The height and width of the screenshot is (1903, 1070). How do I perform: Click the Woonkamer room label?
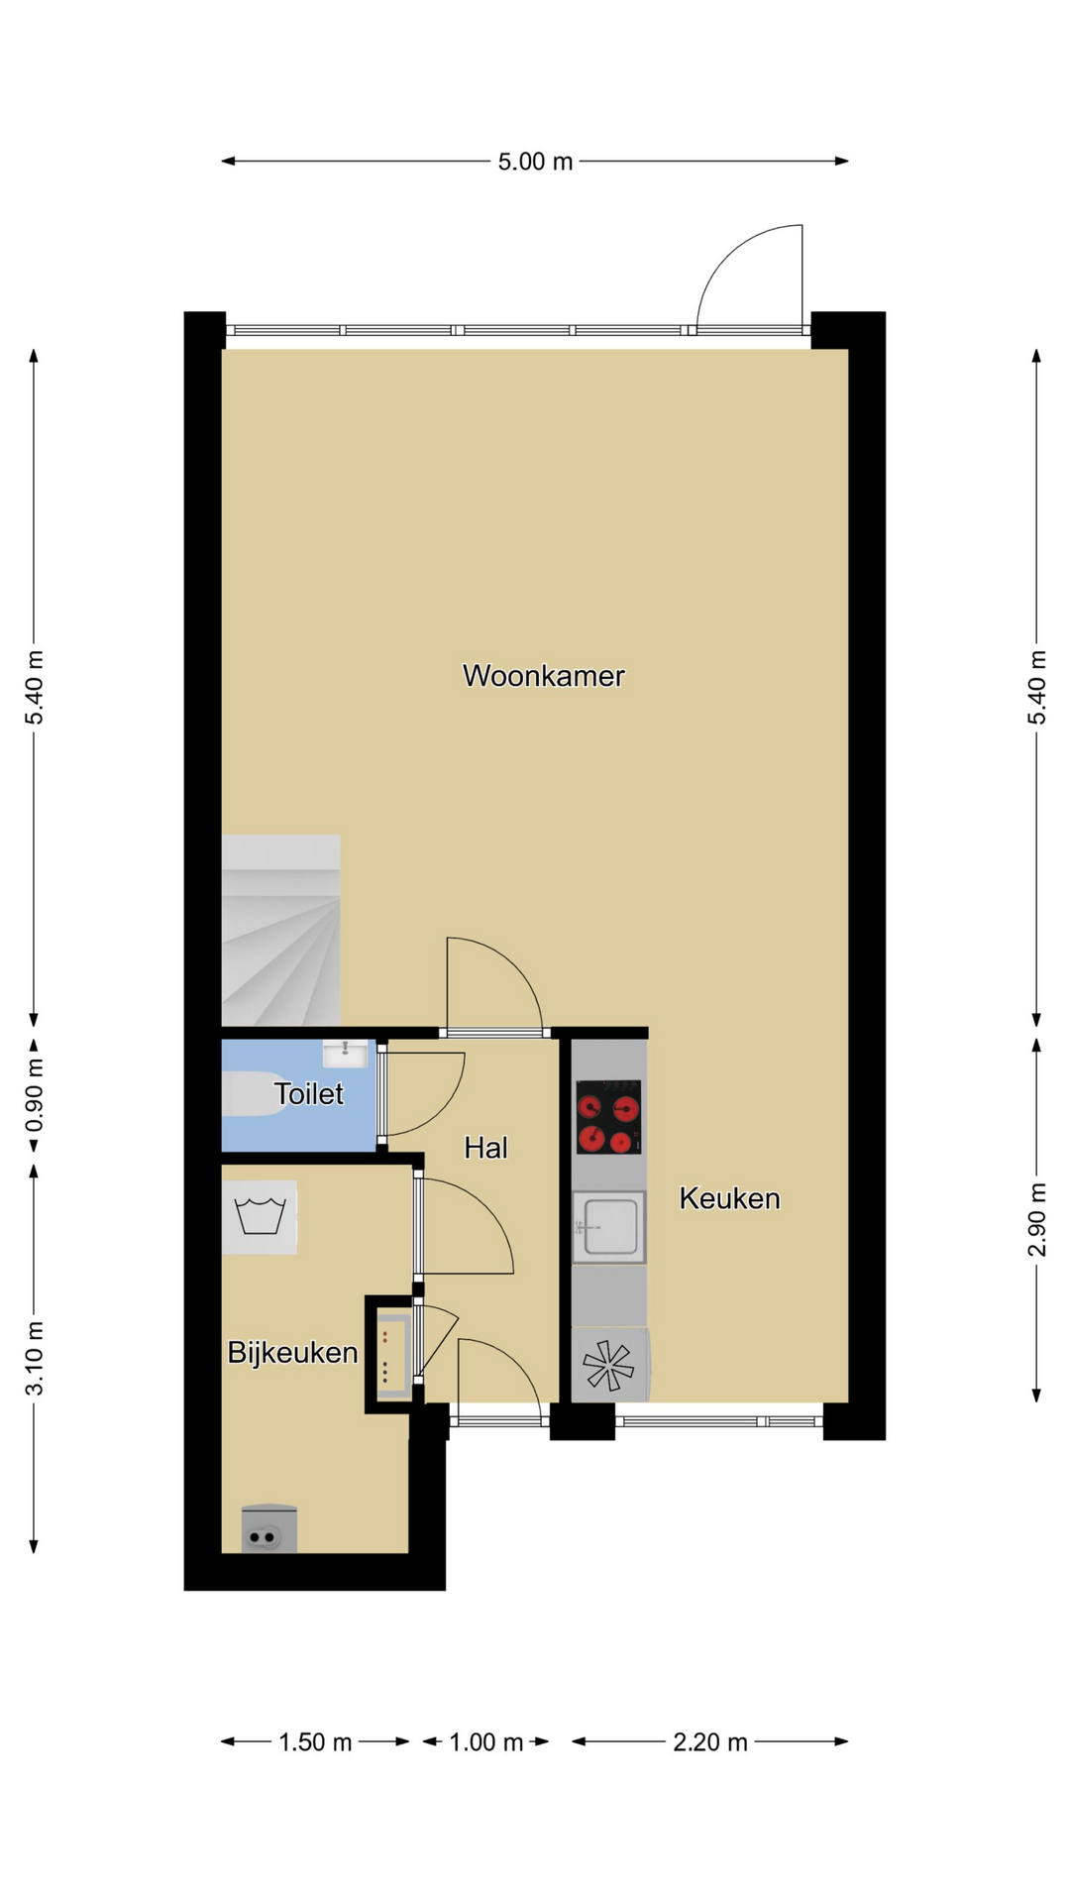click(x=543, y=676)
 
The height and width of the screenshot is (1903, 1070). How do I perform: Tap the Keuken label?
click(x=729, y=1198)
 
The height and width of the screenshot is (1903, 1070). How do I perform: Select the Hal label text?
click(x=485, y=1148)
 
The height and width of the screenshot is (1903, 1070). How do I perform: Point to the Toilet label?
click(x=308, y=1093)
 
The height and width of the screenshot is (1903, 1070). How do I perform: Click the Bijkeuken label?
click(x=292, y=1352)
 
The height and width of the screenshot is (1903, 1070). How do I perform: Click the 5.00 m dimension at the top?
click(x=535, y=162)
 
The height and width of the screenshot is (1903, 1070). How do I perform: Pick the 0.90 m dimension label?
click(x=35, y=1095)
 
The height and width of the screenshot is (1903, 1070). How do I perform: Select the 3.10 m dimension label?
click(x=35, y=1358)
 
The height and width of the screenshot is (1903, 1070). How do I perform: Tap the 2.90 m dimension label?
click(x=1036, y=1220)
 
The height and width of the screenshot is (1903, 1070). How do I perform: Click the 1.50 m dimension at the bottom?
click(x=315, y=1741)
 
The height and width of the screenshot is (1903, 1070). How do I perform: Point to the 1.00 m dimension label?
click(x=485, y=1741)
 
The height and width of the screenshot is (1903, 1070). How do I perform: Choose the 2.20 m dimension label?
click(x=710, y=1741)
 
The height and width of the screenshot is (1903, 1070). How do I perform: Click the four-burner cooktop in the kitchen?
click(x=608, y=1117)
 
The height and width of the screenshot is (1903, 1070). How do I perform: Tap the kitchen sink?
click(x=608, y=1227)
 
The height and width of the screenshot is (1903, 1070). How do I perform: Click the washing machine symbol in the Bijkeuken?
click(x=260, y=1217)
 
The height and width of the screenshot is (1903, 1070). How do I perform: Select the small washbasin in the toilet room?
click(x=345, y=1053)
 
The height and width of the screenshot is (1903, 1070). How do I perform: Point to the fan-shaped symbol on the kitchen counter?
click(x=608, y=1365)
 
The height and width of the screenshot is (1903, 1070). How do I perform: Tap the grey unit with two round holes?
click(x=268, y=1528)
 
